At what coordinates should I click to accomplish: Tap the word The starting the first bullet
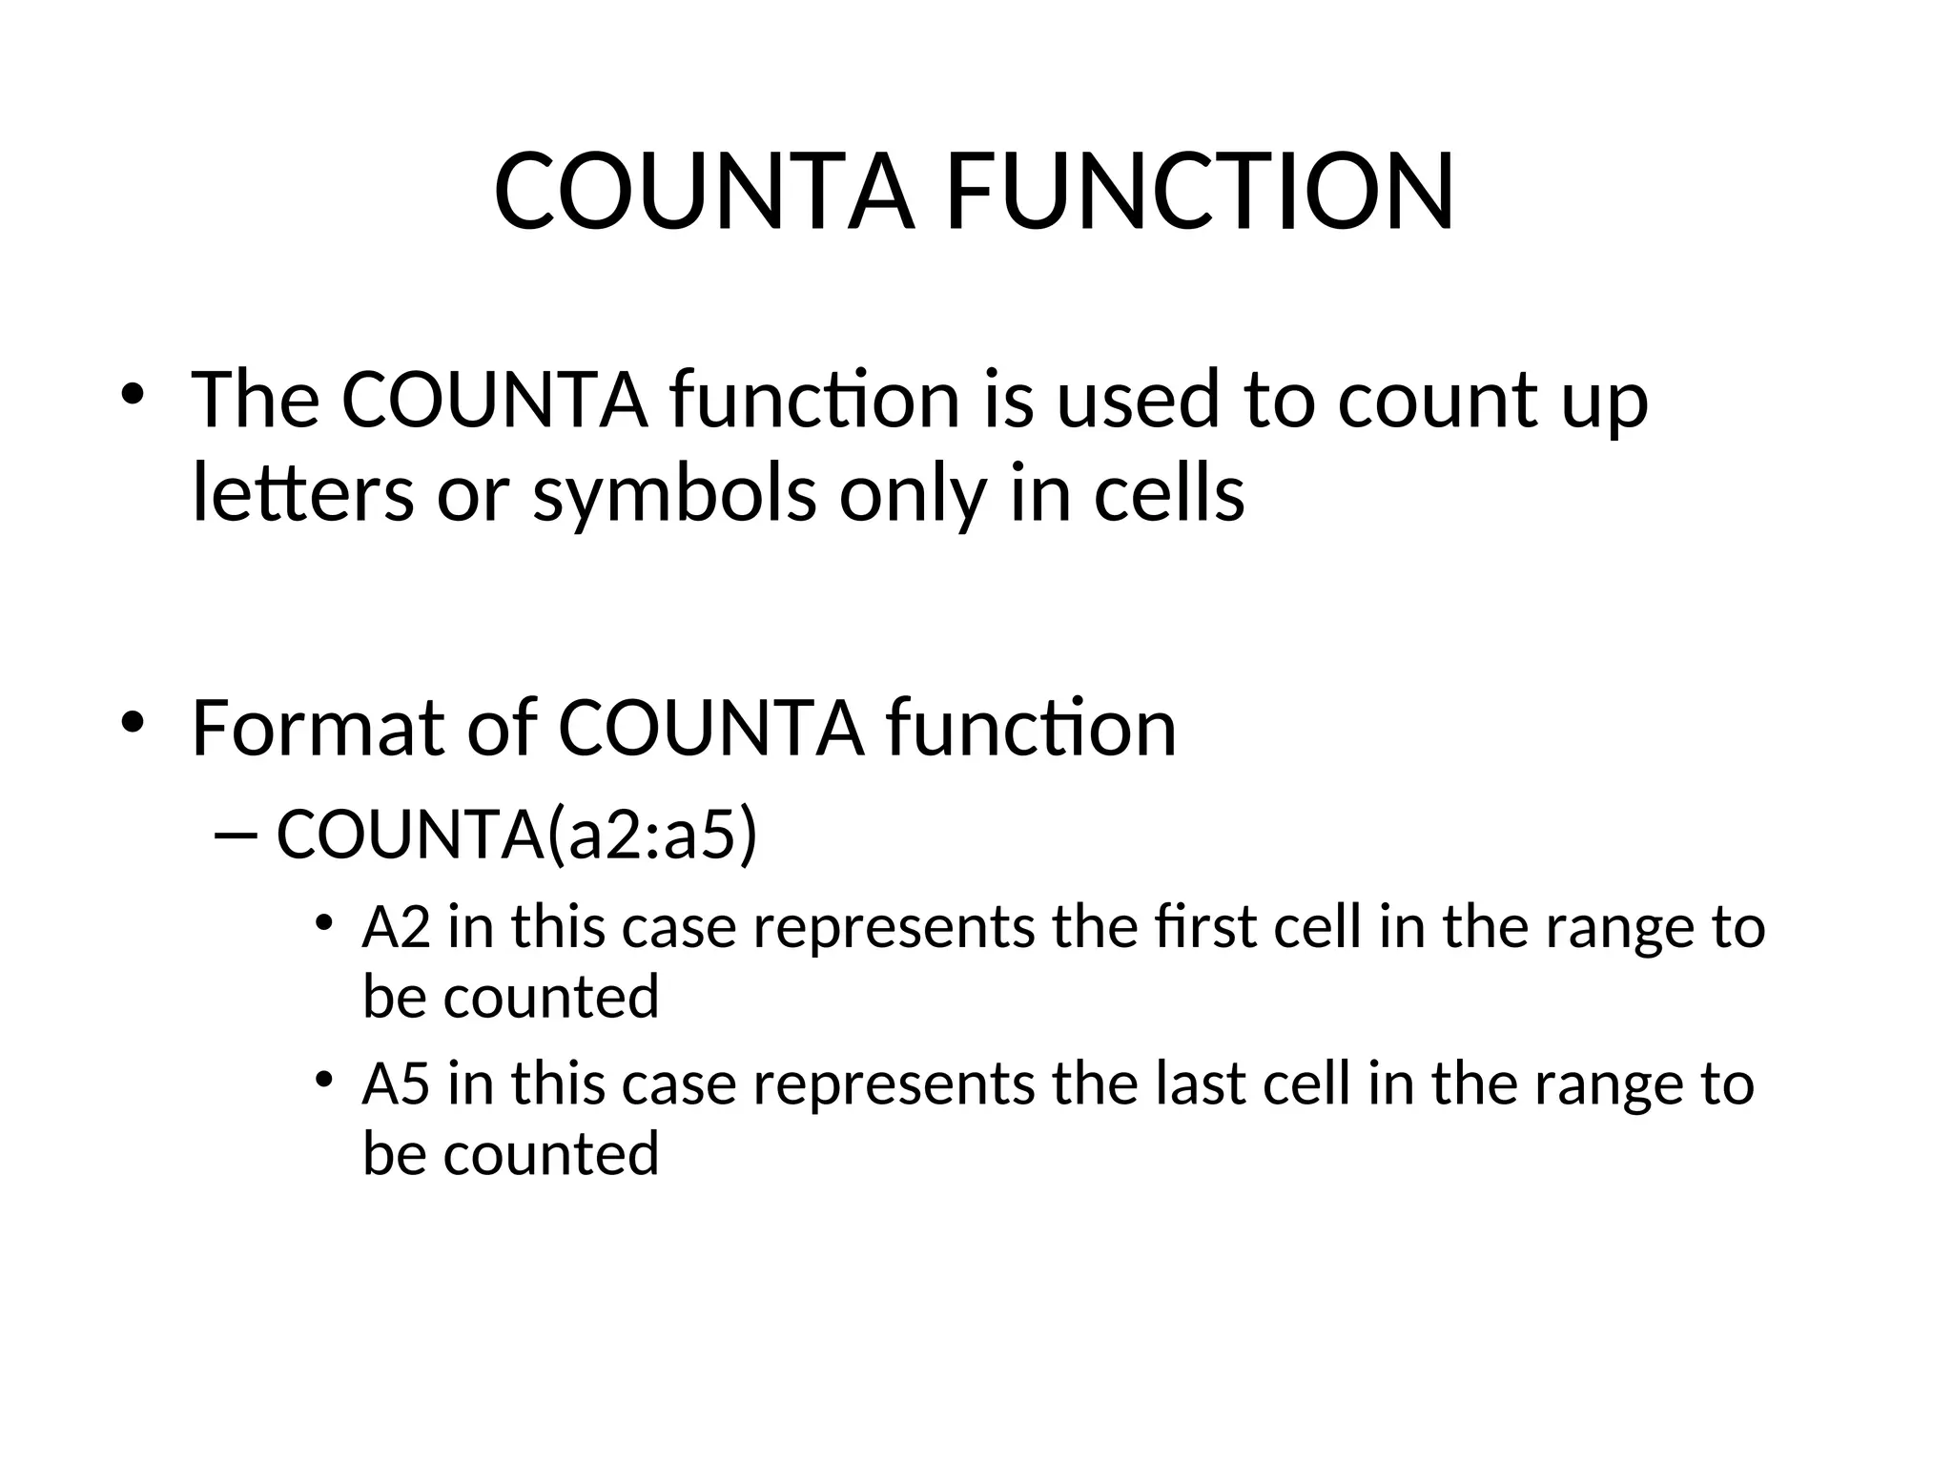click(x=256, y=399)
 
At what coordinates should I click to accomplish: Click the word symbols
click(x=674, y=496)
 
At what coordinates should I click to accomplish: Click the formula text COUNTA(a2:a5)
click(x=517, y=834)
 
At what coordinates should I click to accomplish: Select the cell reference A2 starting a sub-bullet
click(x=396, y=927)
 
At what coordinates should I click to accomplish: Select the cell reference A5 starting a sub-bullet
click(x=396, y=1084)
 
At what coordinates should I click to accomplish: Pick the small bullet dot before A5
click(x=325, y=1080)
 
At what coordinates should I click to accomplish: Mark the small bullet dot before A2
click(x=325, y=922)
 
